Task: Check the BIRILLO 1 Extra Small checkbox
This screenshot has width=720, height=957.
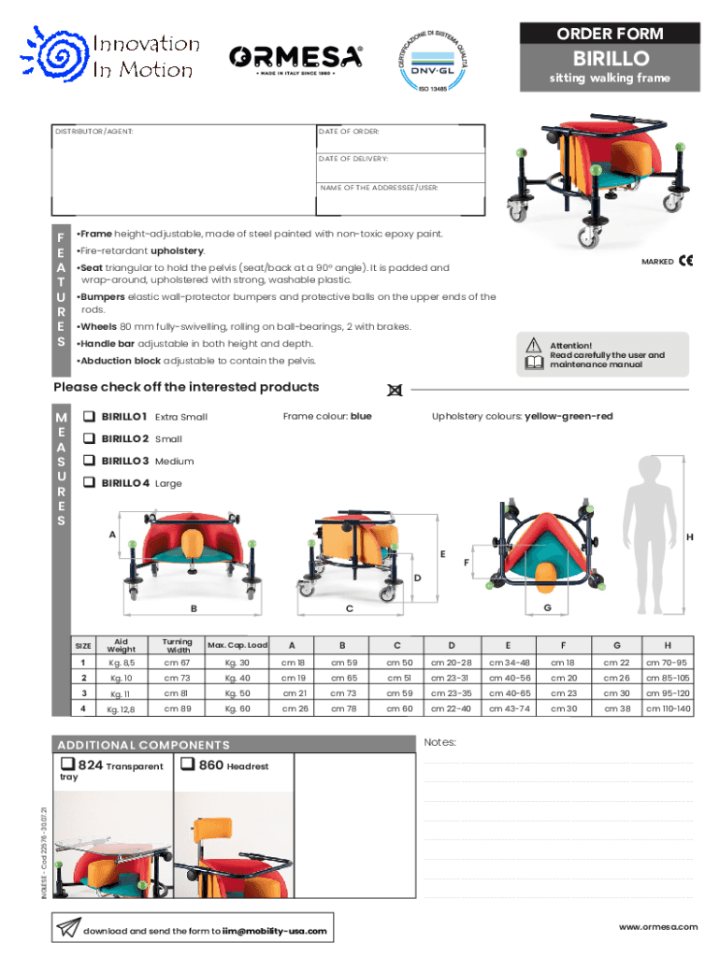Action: pos(90,416)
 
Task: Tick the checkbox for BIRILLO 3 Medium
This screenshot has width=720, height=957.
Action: pos(90,461)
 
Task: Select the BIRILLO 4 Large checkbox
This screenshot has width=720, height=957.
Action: pos(90,483)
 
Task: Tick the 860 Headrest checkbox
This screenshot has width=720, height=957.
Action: pos(187,765)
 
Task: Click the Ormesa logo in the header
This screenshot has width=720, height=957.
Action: pos(296,58)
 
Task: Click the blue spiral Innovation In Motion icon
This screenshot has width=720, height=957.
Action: pos(59,58)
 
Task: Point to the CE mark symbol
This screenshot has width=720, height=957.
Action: pos(685,261)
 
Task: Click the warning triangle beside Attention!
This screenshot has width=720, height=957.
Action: pos(534,345)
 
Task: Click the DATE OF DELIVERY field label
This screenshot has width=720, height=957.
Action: pos(353,160)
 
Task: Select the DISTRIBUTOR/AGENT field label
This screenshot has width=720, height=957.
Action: pos(94,132)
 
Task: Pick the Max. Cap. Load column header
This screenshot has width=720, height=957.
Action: pos(238,645)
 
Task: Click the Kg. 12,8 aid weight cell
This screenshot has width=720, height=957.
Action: pos(121,709)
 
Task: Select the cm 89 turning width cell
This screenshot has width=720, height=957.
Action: pos(177,709)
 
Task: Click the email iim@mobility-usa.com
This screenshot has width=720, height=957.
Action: pos(274,931)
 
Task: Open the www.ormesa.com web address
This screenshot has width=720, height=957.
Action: pos(658,926)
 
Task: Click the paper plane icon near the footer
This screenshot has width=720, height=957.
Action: pos(68,928)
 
